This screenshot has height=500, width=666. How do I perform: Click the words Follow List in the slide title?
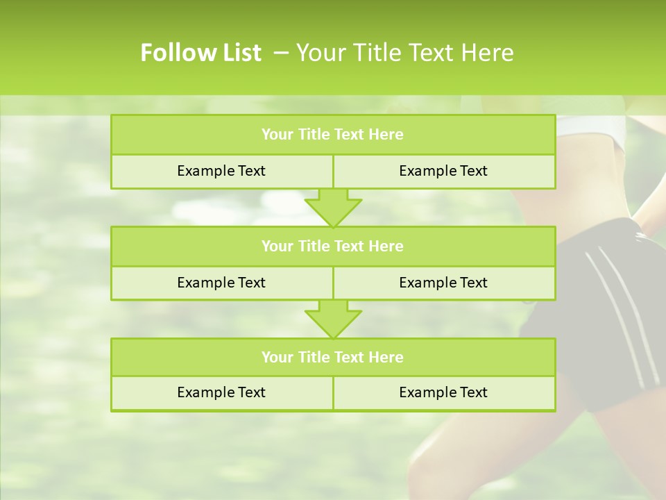pyautogui.click(x=200, y=53)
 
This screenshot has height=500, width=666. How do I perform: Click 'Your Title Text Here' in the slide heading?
pyautogui.click(x=404, y=53)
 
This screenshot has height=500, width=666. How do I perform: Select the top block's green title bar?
pyautogui.click(x=332, y=135)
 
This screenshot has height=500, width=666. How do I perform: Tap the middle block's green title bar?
pyautogui.click(x=332, y=246)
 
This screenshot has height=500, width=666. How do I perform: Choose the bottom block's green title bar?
pyautogui.click(x=332, y=357)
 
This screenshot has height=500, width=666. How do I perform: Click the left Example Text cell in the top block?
pyautogui.click(x=221, y=171)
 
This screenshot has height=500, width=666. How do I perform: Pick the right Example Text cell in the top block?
pyautogui.click(x=443, y=171)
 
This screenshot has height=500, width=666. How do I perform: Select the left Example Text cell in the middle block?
pyautogui.click(x=221, y=283)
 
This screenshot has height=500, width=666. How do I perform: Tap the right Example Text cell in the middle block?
pyautogui.click(x=443, y=283)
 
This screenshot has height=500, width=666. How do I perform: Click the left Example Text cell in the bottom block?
pyautogui.click(x=221, y=392)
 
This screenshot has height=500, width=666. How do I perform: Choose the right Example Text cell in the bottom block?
pyautogui.click(x=443, y=392)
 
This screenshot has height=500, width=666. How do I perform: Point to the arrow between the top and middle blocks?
pyautogui.click(x=333, y=208)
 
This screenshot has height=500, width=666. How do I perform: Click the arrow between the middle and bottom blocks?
pyautogui.click(x=333, y=319)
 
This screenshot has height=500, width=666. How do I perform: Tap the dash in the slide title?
pyautogui.click(x=281, y=53)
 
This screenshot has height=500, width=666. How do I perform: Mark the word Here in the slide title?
pyautogui.click(x=489, y=53)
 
